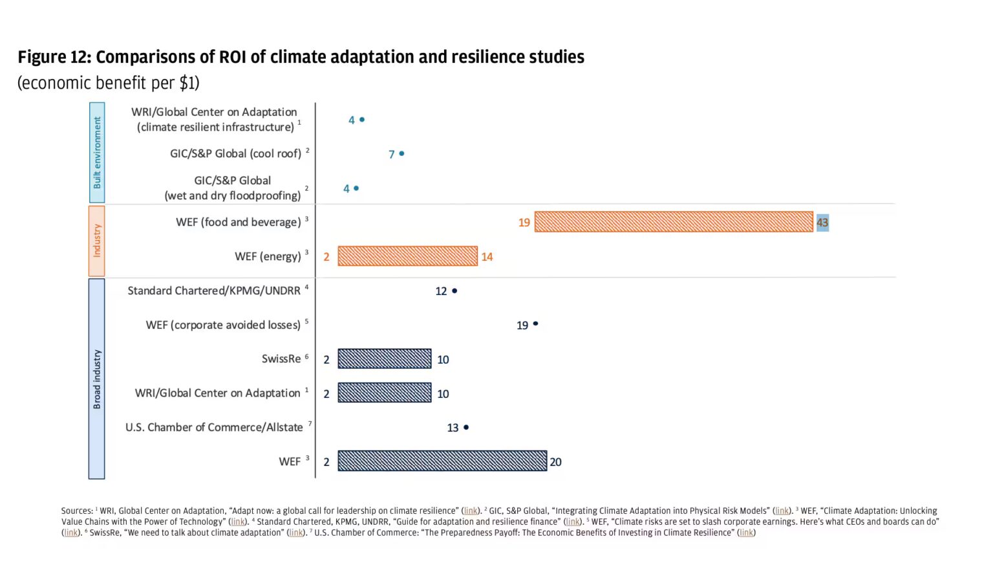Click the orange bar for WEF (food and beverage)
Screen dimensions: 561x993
[x=673, y=222]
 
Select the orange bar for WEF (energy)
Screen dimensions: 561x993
[x=407, y=256]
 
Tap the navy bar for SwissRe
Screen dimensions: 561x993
[x=384, y=359]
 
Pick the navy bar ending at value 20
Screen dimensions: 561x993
[x=442, y=461]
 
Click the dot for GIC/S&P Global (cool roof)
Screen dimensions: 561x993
[x=401, y=153]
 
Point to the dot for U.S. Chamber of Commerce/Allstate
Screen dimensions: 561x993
[x=466, y=427]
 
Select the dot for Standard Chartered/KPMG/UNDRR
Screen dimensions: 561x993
[x=454, y=291]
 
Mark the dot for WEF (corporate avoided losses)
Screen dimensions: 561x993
[x=535, y=324]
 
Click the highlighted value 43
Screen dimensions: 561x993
[x=822, y=223]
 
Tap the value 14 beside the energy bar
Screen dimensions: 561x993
[x=487, y=257]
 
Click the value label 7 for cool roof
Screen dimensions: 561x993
[x=391, y=155]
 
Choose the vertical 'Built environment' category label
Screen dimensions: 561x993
[x=97, y=153]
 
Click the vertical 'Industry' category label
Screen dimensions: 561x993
[x=97, y=241]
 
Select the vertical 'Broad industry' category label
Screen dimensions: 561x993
[x=97, y=379]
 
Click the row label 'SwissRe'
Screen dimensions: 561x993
[x=281, y=359]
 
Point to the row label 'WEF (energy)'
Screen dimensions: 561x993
[x=268, y=256]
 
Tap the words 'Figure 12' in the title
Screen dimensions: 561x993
[x=54, y=57]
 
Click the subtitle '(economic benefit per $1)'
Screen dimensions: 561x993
[x=109, y=83]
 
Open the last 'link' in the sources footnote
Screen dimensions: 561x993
[x=746, y=533]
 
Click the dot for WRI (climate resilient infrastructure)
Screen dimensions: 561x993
[x=362, y=120]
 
